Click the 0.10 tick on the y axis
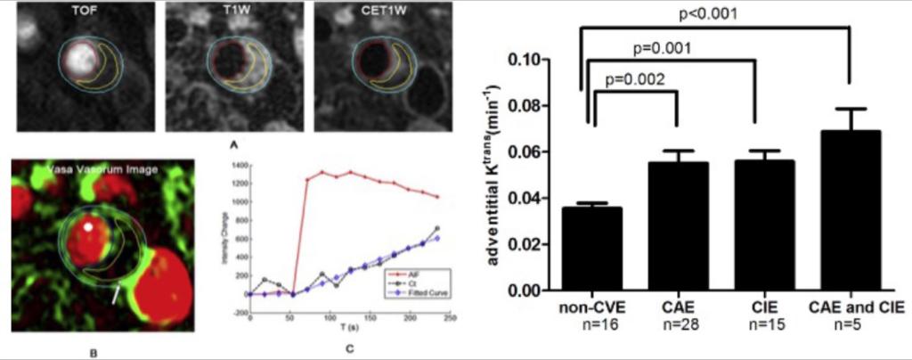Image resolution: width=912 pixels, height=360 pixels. (x=527, y=60)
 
